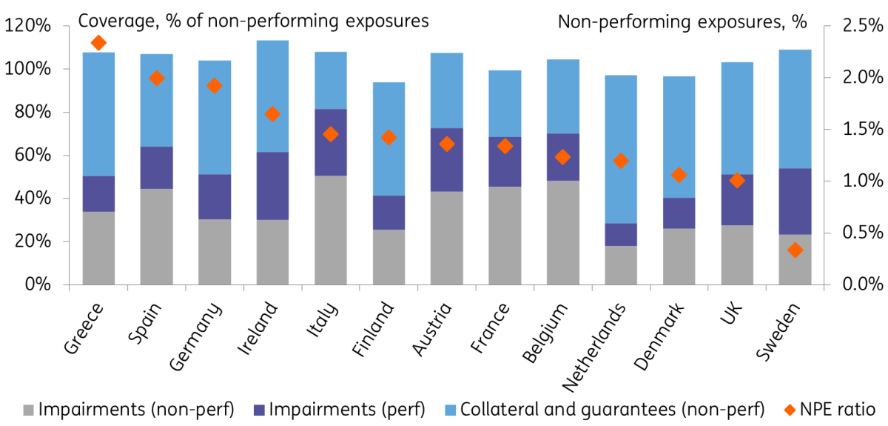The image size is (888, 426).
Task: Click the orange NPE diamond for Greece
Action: click(x=98, y=43)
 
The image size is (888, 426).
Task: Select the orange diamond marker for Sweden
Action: click(x=795, y=250)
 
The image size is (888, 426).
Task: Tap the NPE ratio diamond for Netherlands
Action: click(x=621, y=161)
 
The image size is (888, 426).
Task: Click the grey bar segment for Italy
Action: click(x=331, y=230)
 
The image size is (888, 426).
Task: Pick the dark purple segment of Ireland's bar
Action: click(x=273, y=186)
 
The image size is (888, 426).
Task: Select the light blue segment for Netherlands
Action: click(x=621, y=149)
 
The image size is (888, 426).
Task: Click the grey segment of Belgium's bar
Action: click(x=563, y=233)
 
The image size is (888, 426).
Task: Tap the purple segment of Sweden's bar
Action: click(x=795, y=202)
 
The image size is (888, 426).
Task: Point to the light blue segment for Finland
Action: click(x=389, y=139)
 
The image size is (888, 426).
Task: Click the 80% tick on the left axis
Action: click(x=66, y=112)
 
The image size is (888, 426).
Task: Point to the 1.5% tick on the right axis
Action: click(x=827, y=130)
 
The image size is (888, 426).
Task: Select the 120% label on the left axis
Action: click(x=28, y=26)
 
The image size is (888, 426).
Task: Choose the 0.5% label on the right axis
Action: click(x=863, y=233)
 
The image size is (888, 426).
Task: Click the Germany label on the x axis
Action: click(x=195, y=336)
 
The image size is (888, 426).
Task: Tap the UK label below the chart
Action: click(x=731, y=313)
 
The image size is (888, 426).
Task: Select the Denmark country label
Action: click(x=659, y=336)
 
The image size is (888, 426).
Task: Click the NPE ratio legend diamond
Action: click(x=790, y=410)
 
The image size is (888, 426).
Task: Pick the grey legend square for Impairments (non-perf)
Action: click(x=29, y=410)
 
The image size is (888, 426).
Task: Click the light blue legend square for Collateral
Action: click(x=451, y=410)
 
